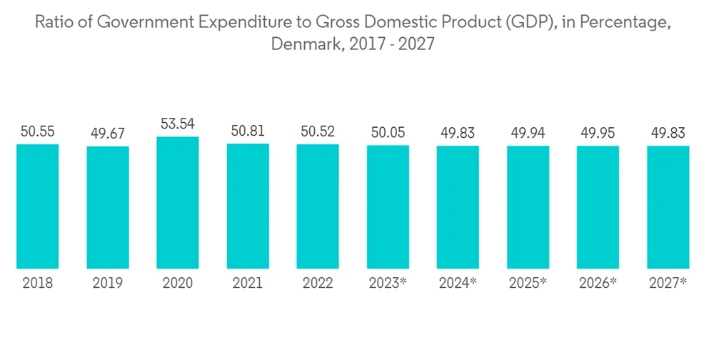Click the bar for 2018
tap(37, 206)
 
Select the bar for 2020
tap(178, 203)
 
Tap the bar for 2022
tap(318, 206)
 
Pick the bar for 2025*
tap(528, 207)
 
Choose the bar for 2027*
tap(668, 207)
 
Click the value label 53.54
tap(178, 124)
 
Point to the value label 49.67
tap(108, 134)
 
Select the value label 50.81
tap(248, 131)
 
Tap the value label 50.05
tap(388, 133)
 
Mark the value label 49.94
tap(528, 134)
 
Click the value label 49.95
tap(598, 134)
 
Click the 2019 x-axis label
tap(108, 284)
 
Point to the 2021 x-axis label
tap(248, 284)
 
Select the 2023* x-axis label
tap(388, 284)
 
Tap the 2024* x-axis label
tap(458, 284)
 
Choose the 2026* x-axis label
tap(598, 284)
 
